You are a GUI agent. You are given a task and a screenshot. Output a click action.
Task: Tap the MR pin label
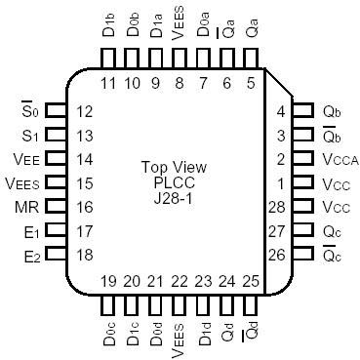(26, 207)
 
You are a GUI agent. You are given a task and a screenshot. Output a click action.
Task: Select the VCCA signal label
(337, 159)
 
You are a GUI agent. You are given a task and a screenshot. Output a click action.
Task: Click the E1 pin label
(29, 232)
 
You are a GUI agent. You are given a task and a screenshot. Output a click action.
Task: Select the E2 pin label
(29, 257)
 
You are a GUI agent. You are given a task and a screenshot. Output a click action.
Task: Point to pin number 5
(251, 83)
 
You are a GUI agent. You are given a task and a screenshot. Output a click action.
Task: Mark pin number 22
(180, 282)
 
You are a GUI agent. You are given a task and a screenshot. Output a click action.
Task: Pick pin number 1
(280, 183)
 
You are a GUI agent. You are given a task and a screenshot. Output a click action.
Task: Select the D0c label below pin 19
(107, 332)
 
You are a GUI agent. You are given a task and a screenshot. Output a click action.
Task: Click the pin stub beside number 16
(56, 208)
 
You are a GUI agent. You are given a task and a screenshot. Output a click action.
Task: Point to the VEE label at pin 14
(26, 159)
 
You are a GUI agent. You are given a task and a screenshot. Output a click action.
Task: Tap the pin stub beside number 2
(303, 159)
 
